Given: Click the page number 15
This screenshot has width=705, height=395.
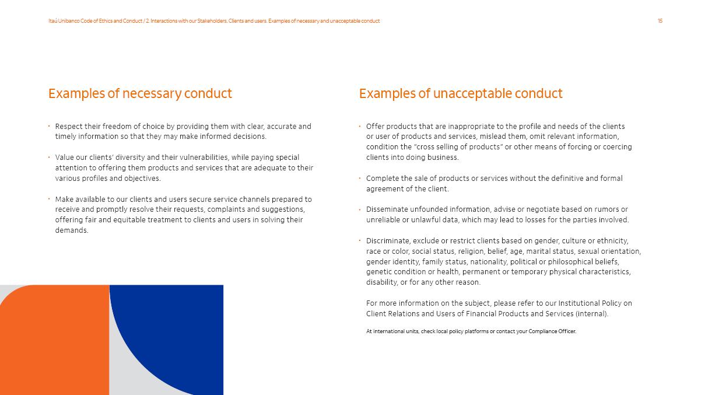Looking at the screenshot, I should (x=660, y=21).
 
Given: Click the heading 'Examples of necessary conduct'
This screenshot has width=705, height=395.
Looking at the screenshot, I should (x=140, y=93).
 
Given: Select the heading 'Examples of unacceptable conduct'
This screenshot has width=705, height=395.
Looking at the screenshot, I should (x=461, y=93).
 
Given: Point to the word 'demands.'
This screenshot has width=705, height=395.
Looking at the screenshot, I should (x=72, y=230).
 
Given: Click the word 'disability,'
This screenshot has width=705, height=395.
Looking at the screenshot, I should (x=383, y=282).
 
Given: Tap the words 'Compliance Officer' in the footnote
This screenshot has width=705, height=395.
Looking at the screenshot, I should (x=552, y=331).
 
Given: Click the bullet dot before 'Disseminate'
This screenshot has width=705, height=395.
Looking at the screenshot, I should (x=360, y=209).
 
